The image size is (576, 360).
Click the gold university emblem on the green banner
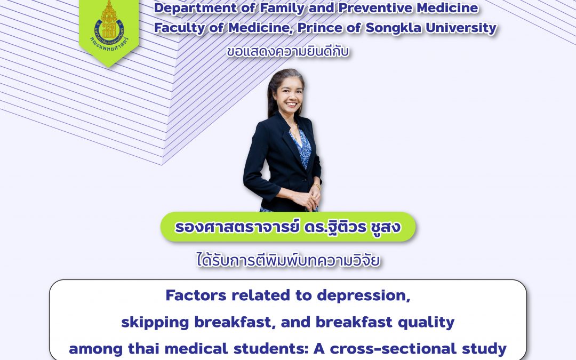click(109, 23)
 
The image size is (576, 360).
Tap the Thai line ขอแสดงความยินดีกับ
click(287, 52)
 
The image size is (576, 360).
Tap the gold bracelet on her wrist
click(316, 186)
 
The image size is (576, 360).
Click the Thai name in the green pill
click(287, 227)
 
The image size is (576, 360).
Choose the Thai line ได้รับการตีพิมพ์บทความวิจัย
click(288, 260)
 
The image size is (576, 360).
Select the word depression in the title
click(364, 295)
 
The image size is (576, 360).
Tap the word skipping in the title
click(155, 323)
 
